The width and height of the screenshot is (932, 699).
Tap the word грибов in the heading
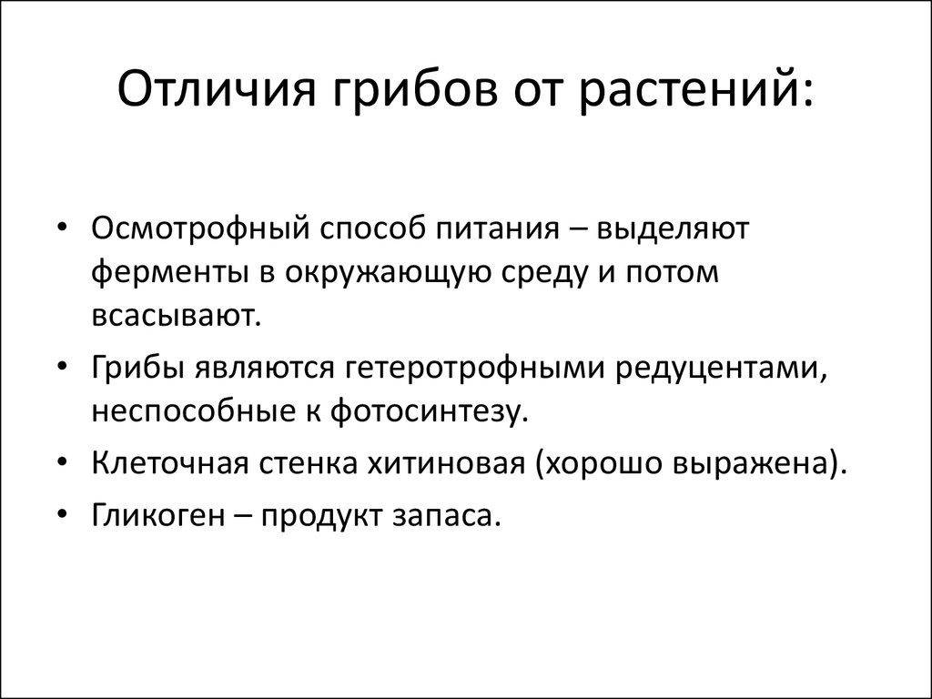pyautogui.click(x=413, y=89)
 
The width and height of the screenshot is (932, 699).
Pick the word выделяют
pyautogui.click(x=673, y=228)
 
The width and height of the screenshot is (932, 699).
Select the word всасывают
pyautogui.click(x=176, y=317)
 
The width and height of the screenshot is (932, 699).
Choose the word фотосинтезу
pyautogui.click(x=429, y=411)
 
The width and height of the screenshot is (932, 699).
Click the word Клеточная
pyautogui.click(x=169, y=464)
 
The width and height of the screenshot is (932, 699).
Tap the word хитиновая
pyautogui.click(x=446, y=464)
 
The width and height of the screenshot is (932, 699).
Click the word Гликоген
pyautogui.click(x=158, y=515)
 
